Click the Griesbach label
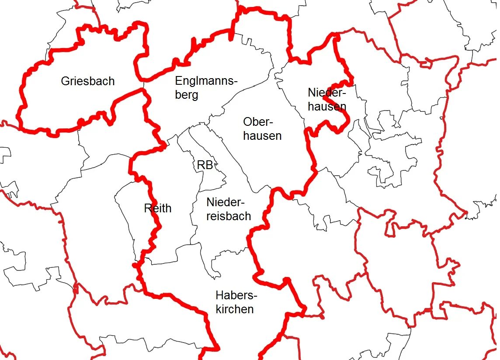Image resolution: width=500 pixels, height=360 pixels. (x=88, y=81)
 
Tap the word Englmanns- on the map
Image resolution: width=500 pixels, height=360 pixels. (x=206, y=81)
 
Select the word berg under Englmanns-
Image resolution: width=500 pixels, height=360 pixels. (x=187, y=95)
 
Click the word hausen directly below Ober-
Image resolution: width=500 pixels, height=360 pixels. (x=262, y=135)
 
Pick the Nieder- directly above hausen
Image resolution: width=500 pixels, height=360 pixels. (x=326, y=93)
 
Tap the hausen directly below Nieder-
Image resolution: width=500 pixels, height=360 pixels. (x=327, y=106)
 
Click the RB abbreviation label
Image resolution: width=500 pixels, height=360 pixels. (x=205, y=166)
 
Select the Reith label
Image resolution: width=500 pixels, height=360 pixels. (x=158, y=208)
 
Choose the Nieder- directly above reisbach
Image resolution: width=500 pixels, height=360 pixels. (x=225, y=202)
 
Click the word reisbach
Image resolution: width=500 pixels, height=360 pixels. (x=229, y=216)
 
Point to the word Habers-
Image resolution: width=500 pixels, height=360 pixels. (x=236, y=295)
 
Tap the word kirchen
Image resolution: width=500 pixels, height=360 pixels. (x=235, y=309)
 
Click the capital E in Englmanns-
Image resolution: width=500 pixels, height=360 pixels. (x=178, y=81)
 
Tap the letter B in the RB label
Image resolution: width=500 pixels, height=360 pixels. (x=209, y=166)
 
